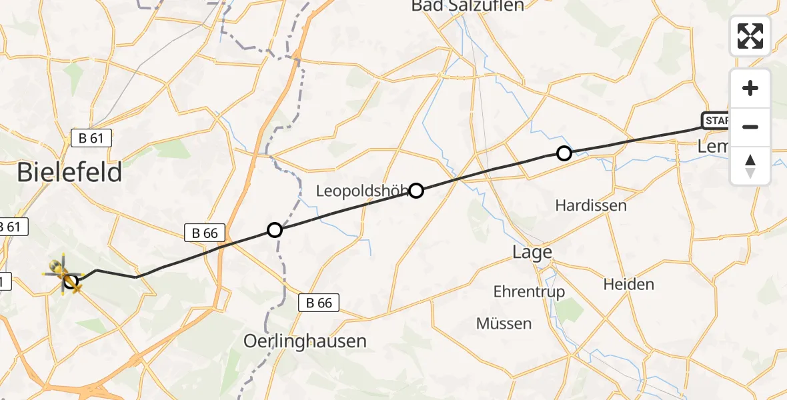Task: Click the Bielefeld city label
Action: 69,173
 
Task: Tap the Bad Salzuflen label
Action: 468,6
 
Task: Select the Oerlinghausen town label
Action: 305,341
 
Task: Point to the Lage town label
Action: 532,252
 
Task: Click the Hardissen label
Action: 591,205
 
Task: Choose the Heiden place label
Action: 628,284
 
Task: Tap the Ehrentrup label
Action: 529,291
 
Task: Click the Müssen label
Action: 504,323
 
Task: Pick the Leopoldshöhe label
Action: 360,192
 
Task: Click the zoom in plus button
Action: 750,88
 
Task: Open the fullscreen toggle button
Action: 750,36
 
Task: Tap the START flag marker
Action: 716,121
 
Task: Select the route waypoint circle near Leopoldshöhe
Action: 416,191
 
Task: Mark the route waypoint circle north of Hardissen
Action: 564,154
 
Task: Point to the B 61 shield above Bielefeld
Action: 91,139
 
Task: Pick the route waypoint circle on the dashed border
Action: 275,231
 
